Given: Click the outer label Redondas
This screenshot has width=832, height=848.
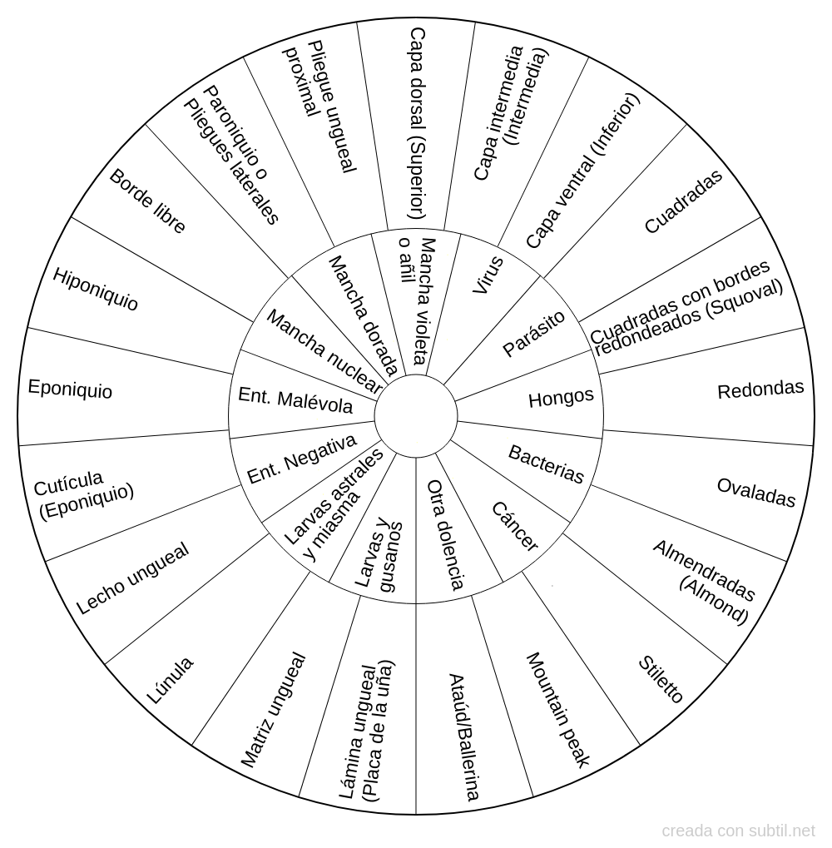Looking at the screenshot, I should pos(760,389).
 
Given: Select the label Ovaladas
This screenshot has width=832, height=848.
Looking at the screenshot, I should pos(755,492).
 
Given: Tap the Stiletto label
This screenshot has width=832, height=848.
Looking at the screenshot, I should pos(661,679).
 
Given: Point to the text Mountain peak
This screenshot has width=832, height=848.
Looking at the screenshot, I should pos(557,708).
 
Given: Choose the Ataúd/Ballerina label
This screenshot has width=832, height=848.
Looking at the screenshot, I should pos(463,736).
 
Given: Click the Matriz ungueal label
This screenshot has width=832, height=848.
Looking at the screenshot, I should pos(273,710).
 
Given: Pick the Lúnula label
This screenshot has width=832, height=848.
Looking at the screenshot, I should pos(171,679).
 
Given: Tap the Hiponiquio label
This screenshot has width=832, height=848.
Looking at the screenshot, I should pos(95,289).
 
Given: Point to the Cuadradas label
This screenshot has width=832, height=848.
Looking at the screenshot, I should pos(683,201).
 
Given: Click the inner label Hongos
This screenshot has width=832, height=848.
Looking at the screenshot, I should pos(561,397).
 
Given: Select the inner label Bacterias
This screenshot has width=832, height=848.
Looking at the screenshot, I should pos(546,464).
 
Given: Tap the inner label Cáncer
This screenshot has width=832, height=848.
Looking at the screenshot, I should pos(515,526).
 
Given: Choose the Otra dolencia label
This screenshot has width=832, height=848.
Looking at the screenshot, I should pos(445,534).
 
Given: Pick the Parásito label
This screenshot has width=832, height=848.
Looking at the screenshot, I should pos(533,334).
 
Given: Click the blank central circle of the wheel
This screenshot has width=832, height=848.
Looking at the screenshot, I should pos(415,414).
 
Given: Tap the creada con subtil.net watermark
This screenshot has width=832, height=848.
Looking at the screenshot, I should pos(739,831).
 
